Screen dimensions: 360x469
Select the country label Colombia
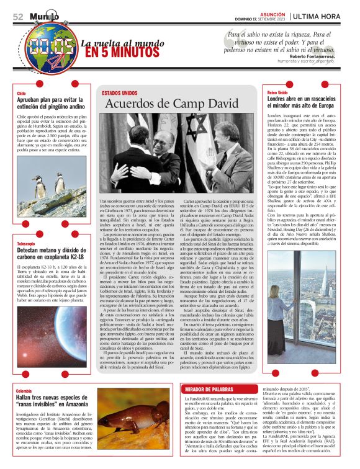pos(25,391)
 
